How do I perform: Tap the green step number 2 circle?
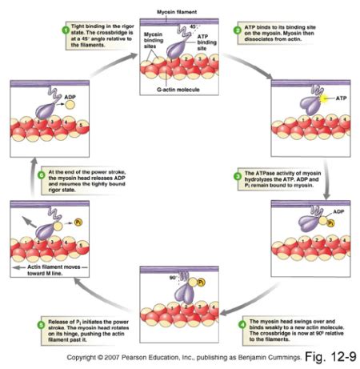[x=237, y=30]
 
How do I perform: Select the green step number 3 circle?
[x=237, y=174]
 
